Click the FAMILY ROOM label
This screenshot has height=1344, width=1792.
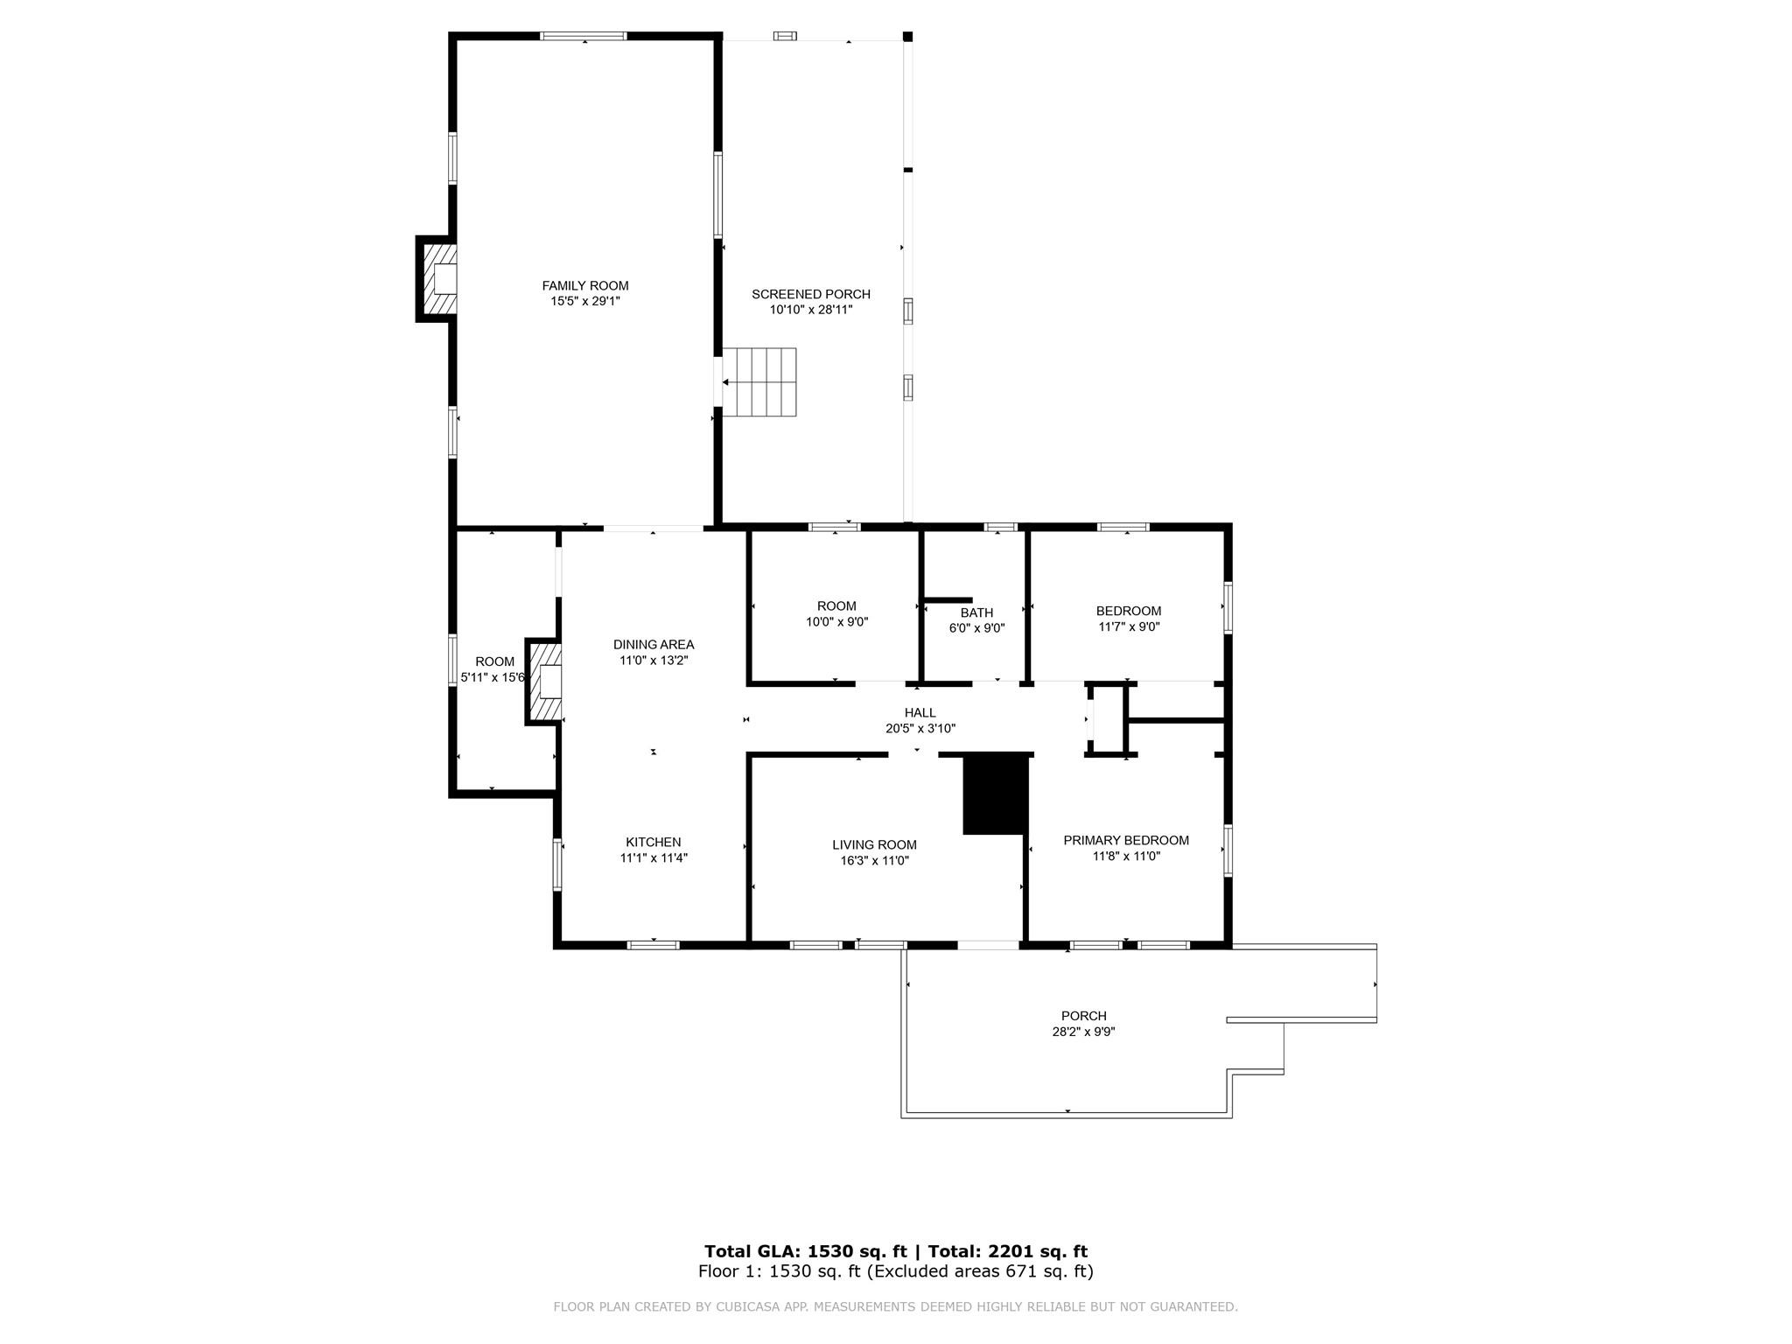pos(584,285)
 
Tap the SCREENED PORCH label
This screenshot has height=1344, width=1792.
pos(811,294)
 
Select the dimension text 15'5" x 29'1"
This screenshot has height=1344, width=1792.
pos(585,301)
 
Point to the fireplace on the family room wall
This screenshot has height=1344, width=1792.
pos(437,279)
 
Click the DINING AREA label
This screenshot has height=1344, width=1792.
pos(654,645)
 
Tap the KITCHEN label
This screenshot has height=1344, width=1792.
pos(654,843)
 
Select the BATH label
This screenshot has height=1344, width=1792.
pos(976,612)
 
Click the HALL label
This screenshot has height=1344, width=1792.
pos(920,713)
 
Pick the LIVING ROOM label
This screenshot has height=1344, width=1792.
pos(874,845)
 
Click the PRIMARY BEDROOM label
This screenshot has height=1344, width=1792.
pos(1126,841)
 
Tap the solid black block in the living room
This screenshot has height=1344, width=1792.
pos(995,794)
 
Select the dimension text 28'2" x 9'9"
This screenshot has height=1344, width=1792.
pos(1083,1032)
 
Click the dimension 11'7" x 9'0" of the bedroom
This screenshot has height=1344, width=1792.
pos(1129,626)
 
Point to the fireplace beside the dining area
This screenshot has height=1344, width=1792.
pos(543,682)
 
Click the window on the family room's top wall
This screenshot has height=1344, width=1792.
pos(584,36)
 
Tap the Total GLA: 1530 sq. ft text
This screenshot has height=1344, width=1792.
pos(804,1251)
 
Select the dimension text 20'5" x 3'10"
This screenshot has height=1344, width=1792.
pos(920,728)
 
